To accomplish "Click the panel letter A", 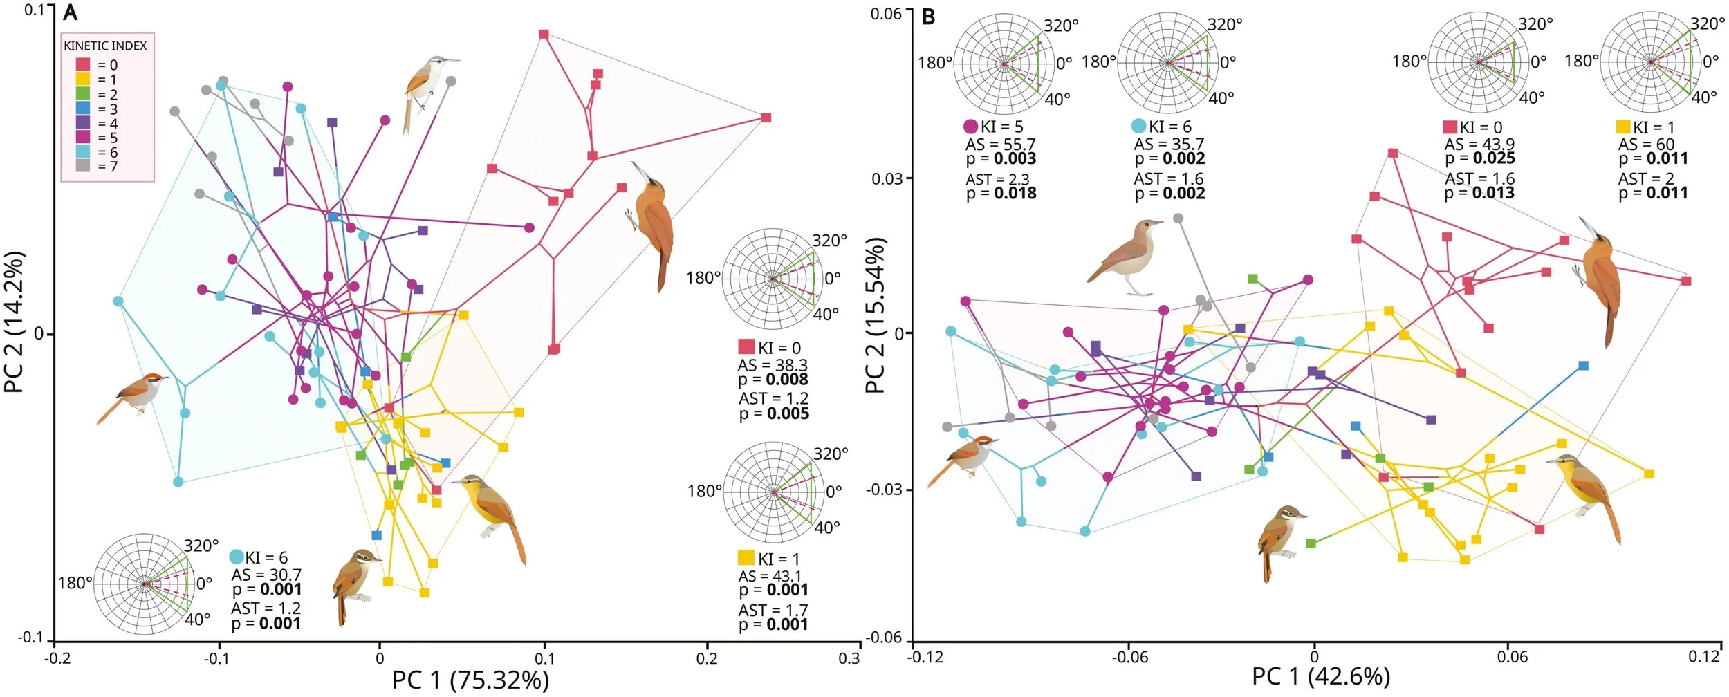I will click(x=70, y=13).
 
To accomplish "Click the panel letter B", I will click(x=928, y=17).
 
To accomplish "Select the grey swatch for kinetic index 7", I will click(x=83, y=166).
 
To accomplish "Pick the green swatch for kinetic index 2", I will click(x=83, y=94).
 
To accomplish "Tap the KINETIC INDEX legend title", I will click(x=105, y=46).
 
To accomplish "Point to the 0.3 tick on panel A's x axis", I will click(x=849, y=658).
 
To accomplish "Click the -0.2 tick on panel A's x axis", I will click(x=57, y=658).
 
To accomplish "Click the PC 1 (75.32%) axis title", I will click(x=470, y=680).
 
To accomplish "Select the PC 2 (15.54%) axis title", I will click(x=876, y=316).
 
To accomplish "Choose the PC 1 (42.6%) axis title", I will click(x=1321, y=676).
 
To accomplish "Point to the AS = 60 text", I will click(x=1646, y=145).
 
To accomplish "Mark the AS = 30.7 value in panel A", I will click(x=266, y=575).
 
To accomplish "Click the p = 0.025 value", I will click(x=1479, y=158).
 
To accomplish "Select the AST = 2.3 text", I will click(x=997, y=180).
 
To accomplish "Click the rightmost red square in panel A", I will click(x=766, y=118).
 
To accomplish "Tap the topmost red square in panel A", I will click(x=544, y=34).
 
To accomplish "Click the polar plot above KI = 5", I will click(x=1004, y=63).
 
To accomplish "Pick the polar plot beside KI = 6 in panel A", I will click(x=144, y=584).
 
